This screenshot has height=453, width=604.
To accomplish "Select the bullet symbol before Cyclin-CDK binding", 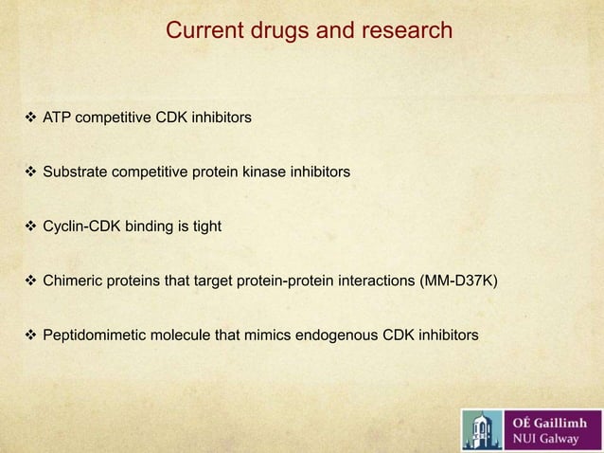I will pos(28,226).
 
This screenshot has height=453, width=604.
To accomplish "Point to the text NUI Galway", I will pos(546,439).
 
